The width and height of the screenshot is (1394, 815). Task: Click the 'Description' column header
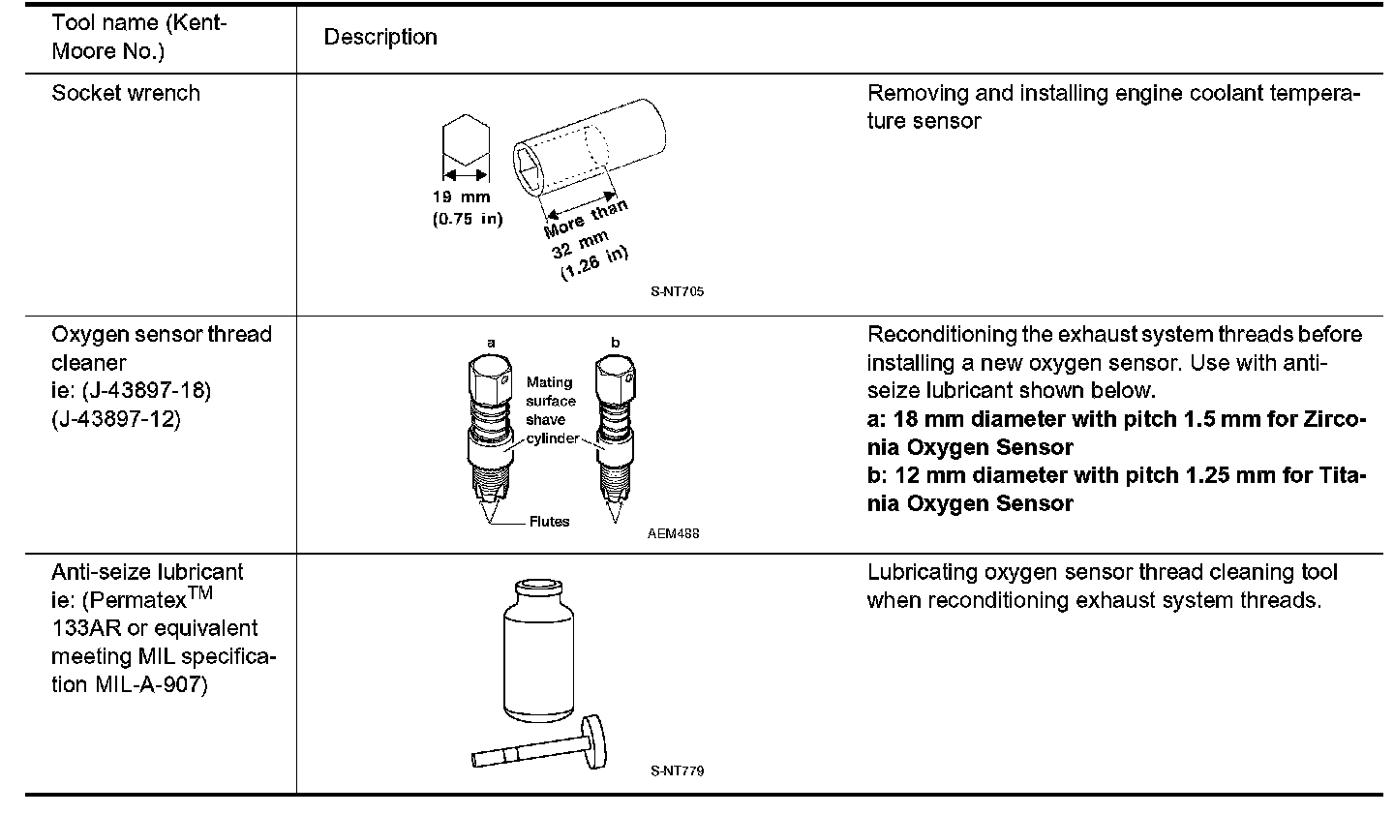tap(380, 37)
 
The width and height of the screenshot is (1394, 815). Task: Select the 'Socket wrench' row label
tap(126, 93)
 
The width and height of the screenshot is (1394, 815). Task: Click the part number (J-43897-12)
tap(116, 419)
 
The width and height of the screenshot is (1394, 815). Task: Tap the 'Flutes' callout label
tap(549, 522)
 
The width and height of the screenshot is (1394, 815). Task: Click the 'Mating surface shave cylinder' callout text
tap(551, 410)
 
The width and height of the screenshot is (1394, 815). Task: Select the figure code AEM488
tap(674, 533)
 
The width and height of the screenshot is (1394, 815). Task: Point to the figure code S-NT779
tap(678, 771)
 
